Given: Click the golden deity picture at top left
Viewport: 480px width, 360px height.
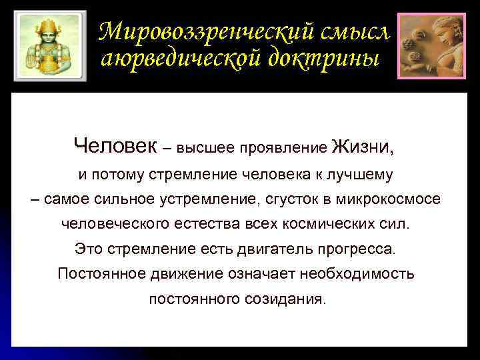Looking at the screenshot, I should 50,44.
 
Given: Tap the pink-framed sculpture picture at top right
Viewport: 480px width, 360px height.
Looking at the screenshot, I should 432,45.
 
